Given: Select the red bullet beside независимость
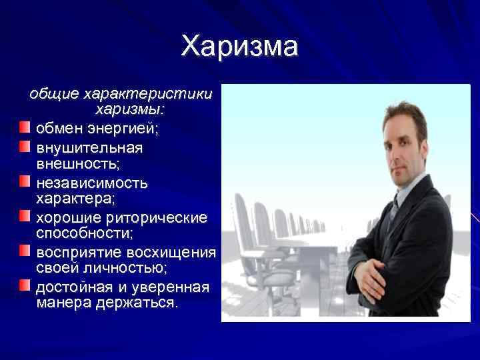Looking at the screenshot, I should coord(25,181).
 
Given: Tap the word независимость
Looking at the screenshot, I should coord(92,182).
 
